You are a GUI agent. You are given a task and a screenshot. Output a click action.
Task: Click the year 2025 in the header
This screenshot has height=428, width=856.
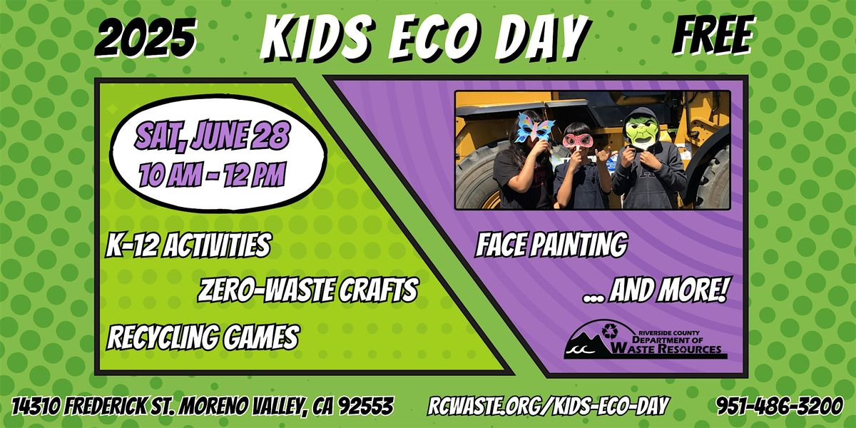pyautogui.click(x=146, y=39)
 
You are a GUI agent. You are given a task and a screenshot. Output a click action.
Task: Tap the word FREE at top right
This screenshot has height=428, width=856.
pyautogui.click(x=713, y=35)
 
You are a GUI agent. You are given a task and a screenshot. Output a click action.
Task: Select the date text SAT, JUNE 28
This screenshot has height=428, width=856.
pyautogui.click(x=212, y=135)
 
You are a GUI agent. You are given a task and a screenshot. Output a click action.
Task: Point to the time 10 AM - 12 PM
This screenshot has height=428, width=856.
pyautogui.click(x=213, y=175)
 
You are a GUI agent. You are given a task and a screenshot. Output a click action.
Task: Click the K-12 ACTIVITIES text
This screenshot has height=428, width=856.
pyautogui.click(x=188, y=245)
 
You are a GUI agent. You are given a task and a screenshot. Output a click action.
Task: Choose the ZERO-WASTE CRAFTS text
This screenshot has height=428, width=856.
pyautogui.click(x=308, y=290)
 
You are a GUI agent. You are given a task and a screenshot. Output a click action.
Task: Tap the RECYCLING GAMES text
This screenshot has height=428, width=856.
pyautogui.click(x=203, y=337)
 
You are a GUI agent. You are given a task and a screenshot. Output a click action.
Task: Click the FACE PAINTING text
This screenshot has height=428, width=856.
pyautogui.click(x=551, y=245)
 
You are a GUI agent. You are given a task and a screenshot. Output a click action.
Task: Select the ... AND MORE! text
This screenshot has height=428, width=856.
pyautogui.click(x=655, y=290)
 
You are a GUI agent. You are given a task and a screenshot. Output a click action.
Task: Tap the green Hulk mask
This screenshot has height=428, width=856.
pyautogui.click(x=643, y=133)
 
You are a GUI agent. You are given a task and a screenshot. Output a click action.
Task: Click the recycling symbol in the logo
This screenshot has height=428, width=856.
pyautogui.click(x=609, y=331)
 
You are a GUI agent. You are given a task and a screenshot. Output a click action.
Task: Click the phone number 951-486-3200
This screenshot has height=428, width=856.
pyautogui.click(x=780, y=405)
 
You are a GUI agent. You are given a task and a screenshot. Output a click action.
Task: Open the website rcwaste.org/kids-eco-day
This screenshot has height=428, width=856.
pyautogui.click(x=549, y=406)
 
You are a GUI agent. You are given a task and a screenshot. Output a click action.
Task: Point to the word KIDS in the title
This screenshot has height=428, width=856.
pyautogui.click(x=318, y=39)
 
